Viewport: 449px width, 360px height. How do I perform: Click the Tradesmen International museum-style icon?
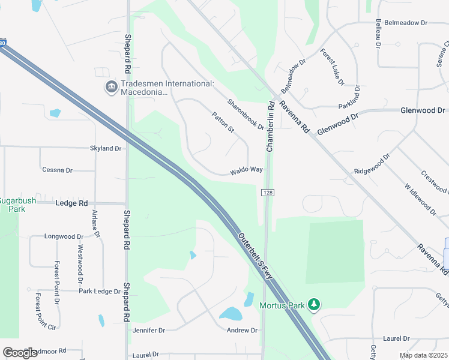pyautogui.click(x=111, y=88)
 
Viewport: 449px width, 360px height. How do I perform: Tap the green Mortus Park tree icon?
pyautogui.click(x=313, y=305)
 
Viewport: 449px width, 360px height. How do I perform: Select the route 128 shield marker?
pyautogui.click(x=268, y=192)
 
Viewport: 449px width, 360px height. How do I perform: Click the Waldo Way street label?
pyautogui.click(x=246, y=170)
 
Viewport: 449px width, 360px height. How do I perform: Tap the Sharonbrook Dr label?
pyautogui.click(x=246, y=113)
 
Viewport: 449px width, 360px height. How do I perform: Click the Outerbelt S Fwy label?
pyautogui.click(x=258, y=255)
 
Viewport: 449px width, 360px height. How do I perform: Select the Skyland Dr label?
pyautogui.click(x=106, y=148)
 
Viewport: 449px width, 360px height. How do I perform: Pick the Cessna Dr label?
pyautogui.click(x=57, y=170)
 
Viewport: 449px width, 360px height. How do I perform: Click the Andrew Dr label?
pyautogui.click(x=242, y=331)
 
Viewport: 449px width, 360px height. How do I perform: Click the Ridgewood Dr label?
pyautogui.click(x=372, y=163)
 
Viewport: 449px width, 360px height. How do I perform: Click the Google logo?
pyautogui.click(x=20, y=352)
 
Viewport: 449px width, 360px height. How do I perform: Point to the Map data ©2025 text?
pyautogui.click(x=424, y=355)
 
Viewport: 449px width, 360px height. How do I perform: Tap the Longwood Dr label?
pyautogui.click(x=64, y=237)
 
